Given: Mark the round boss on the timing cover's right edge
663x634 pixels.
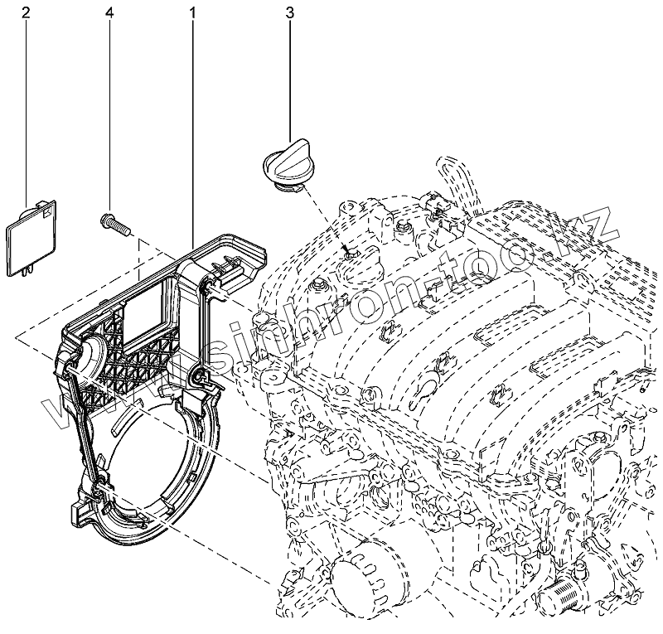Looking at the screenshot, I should [200, 380].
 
